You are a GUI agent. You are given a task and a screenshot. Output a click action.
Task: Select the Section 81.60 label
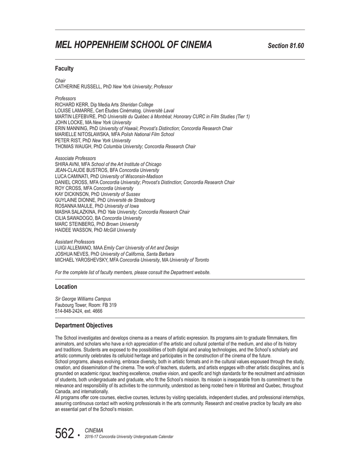click(286, 46)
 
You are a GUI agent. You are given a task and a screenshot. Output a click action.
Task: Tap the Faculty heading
click(64, 69)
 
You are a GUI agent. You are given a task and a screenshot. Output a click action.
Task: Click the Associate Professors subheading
click(76, 158)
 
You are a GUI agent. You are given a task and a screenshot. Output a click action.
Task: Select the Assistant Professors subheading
click(75, 242)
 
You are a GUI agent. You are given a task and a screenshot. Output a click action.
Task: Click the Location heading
click(66, 287)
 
